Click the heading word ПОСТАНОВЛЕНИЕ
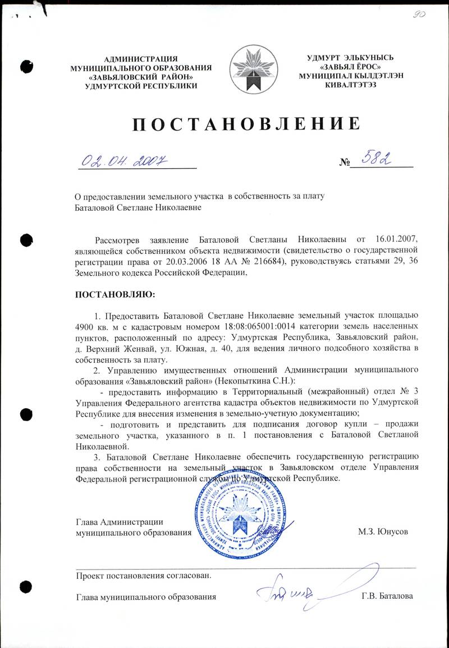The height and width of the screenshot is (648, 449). click(x=245, y=124)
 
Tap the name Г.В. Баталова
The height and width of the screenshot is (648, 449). click(x=387, y=596)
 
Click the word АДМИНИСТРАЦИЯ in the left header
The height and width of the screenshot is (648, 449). click(x=141, y=58)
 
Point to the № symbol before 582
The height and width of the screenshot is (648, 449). click(x=345, y=164)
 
